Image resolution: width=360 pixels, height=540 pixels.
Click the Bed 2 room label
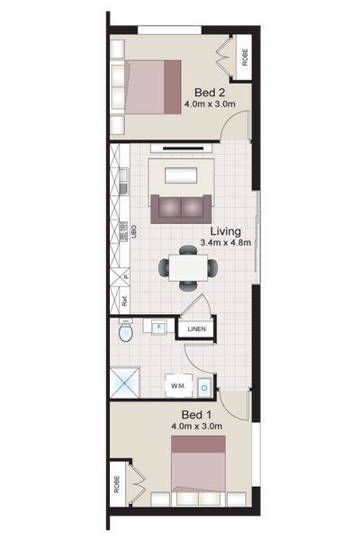[210, 93]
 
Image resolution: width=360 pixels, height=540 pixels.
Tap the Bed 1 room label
[196, 415]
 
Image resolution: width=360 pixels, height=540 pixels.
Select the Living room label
[226, 231]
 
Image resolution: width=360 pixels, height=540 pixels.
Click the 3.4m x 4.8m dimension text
[226, 242]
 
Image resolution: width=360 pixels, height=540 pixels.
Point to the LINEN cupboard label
[197, 328]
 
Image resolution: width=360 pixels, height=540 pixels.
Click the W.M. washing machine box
[178, 386]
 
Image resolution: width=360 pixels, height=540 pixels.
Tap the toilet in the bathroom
[125, 330]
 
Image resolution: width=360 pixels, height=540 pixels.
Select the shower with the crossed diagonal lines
[125, 382]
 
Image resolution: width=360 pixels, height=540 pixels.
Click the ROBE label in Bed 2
[245, 58]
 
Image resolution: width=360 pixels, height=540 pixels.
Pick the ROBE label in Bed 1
[116, 484]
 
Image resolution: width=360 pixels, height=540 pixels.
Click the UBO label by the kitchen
[134, 231]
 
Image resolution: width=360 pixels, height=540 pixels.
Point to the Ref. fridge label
[125, 301]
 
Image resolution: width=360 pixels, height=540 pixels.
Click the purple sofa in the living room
[181, 209]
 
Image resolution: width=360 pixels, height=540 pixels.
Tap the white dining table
[188, 267]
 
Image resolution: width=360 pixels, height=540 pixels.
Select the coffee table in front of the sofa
[181, 175]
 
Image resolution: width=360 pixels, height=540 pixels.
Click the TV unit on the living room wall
[181, 148]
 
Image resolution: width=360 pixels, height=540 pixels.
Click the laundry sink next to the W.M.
[204, 387]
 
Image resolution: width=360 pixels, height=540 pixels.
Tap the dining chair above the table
[188, 249]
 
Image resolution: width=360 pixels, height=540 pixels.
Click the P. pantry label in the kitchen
[126, 276]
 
